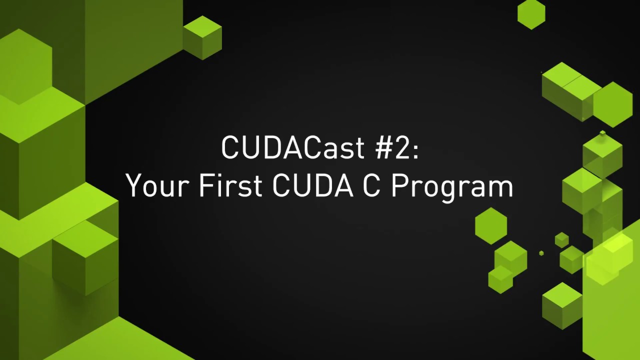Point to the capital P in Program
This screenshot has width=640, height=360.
tap(399, 186)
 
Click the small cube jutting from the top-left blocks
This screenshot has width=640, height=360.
tap(202, 37)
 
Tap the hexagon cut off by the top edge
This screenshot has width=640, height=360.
tap(531, 12)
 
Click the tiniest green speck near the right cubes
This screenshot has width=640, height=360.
tap(541, 253)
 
